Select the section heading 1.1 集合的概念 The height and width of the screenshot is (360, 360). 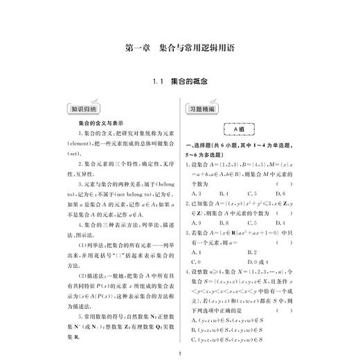180,82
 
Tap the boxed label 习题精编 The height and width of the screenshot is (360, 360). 201,109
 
